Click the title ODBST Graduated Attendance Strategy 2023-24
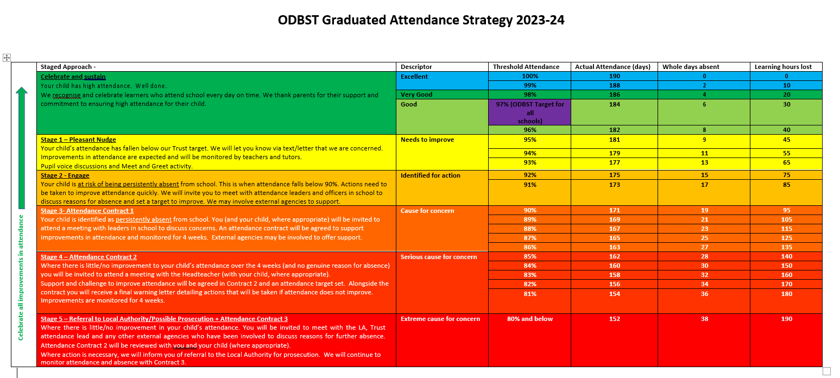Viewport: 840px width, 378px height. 421,21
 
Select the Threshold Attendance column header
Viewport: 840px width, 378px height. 526,67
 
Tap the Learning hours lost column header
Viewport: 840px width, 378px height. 783,67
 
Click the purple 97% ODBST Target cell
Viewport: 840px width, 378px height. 529,112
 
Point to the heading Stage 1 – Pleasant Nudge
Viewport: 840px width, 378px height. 78,140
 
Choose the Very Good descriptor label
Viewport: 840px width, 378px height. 416,94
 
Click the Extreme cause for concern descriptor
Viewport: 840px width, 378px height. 440,319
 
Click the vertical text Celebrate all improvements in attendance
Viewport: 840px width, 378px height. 21,277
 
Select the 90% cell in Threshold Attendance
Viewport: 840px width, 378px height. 529,210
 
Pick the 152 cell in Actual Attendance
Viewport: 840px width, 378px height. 614,319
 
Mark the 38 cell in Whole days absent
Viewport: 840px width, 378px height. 704,319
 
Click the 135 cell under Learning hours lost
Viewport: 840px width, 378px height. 786,247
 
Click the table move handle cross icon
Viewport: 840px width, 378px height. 7,58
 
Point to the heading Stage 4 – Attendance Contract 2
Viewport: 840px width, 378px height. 89,257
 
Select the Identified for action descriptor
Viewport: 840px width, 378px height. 430,175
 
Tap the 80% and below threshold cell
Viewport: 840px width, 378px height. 529,319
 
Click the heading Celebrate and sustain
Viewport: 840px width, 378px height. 73,77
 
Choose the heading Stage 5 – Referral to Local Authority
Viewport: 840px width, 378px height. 164,319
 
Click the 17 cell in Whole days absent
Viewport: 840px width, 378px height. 704,185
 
